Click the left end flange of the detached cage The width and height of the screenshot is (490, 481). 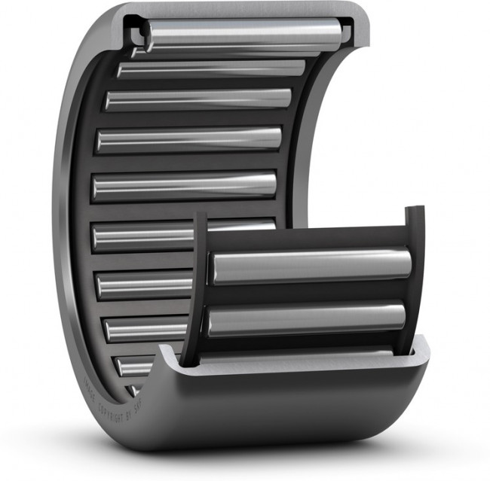(201, 286)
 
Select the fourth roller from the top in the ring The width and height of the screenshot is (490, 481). (188, 139)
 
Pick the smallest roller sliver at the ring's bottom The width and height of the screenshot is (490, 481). (135, 391)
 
